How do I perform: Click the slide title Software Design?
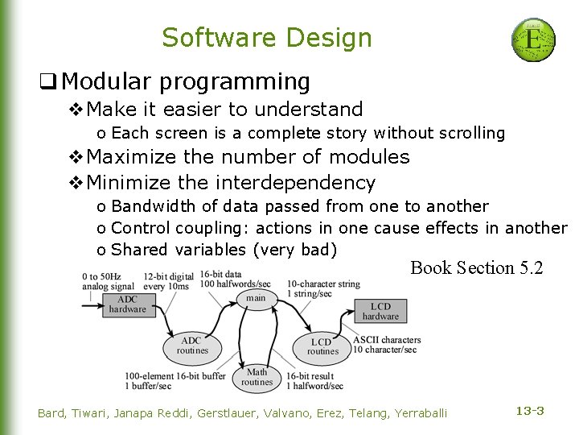(x=267, y=38)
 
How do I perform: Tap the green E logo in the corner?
(x=533, y=40)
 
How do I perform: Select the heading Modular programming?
(x=185, y=81)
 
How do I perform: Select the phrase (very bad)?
(x=294, y=249)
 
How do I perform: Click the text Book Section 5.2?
(x=476, y=267)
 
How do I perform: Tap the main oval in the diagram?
(x=255, y=298)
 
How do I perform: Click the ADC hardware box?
(x=128, y=304)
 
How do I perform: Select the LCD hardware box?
(x=380, y=311)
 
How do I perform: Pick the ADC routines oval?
(x=191, y=346)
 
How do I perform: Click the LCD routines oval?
(x=322, y=346)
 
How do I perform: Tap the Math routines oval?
(x=257, y=376)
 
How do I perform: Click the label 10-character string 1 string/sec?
(x=323, y=288)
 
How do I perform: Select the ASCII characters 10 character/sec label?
(x=386, y=344)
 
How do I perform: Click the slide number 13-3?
(x=530, y=411)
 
